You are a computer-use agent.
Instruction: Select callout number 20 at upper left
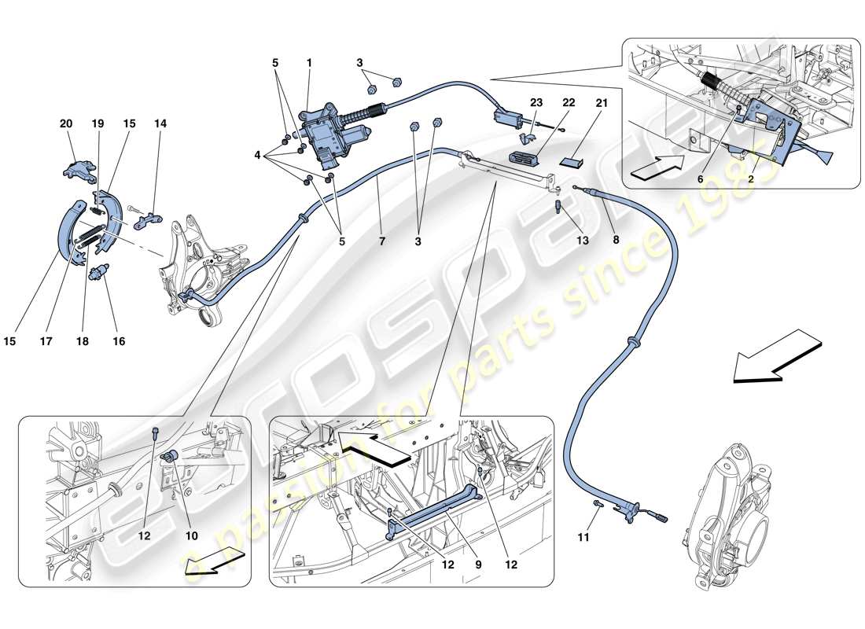tap(65, 123)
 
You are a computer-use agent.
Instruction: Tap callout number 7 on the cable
tap(382, 241)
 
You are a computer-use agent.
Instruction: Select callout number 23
tap(537, 102)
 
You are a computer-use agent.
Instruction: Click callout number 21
tap(602, 102)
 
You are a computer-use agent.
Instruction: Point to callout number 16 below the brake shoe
tap(119, 341)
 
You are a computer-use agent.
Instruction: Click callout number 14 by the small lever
tap(160, 123)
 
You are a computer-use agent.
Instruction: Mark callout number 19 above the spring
tap(98, 123)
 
